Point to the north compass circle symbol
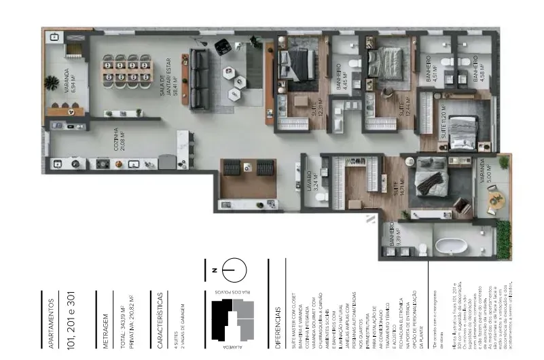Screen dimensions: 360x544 pos(230,270)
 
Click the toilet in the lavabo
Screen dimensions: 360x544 pos(323,197)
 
